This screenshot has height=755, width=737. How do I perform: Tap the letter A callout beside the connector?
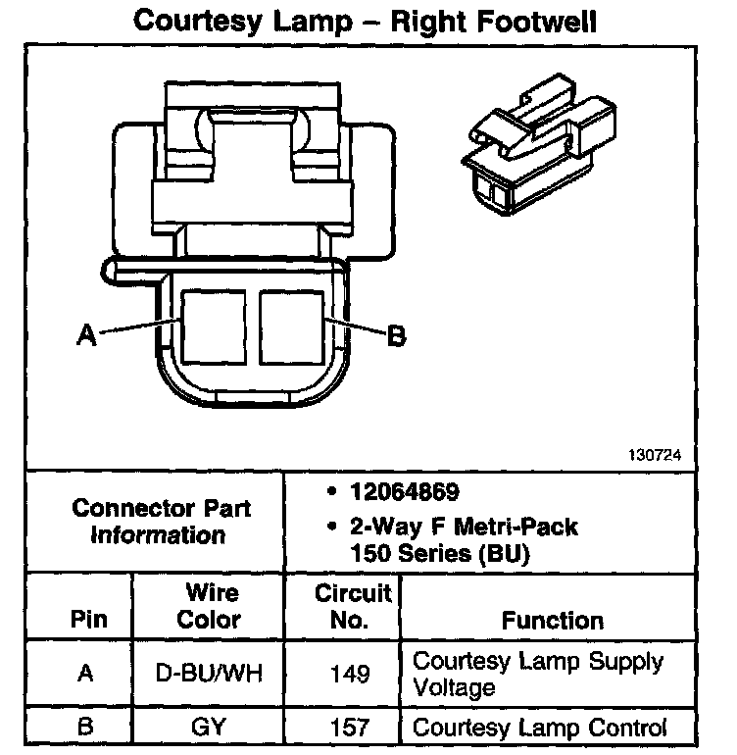tap(87, 335)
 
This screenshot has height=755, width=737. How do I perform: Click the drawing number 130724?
tap(655, 456)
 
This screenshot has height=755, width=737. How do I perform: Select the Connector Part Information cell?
tap(161, 522)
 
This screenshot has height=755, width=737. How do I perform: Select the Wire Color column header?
tap(211, 606)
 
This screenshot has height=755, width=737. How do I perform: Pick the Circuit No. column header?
tap(353, 606)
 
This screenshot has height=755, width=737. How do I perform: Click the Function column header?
tap(552, 620)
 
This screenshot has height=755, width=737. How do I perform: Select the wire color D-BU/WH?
tap(210, 674)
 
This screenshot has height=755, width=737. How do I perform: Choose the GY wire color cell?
tap(210, 728)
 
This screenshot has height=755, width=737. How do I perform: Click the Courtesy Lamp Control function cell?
tap(540, 728)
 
